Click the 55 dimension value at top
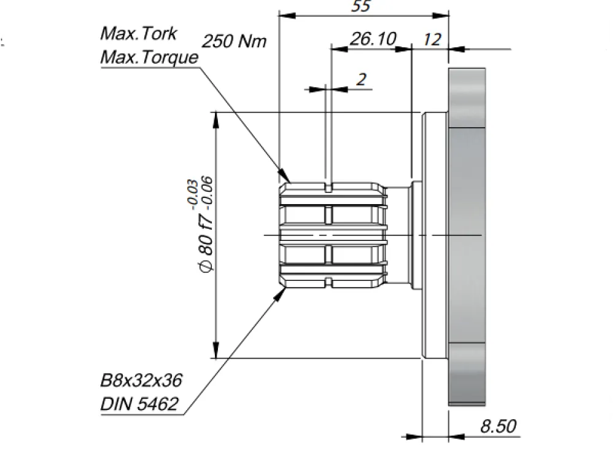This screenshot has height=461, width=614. point(360,6)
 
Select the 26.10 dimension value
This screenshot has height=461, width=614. point(373,39)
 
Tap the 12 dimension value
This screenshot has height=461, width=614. point(432,39)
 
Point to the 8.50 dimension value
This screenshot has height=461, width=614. point(498,426)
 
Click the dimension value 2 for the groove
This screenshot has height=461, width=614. point(361,79)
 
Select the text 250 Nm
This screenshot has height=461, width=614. point(234,41)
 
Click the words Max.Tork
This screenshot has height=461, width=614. point(139,33)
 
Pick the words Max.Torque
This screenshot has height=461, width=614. point(149,57)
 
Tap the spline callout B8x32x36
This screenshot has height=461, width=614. point(141,380)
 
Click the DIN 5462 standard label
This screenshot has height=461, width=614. point(139,404)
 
